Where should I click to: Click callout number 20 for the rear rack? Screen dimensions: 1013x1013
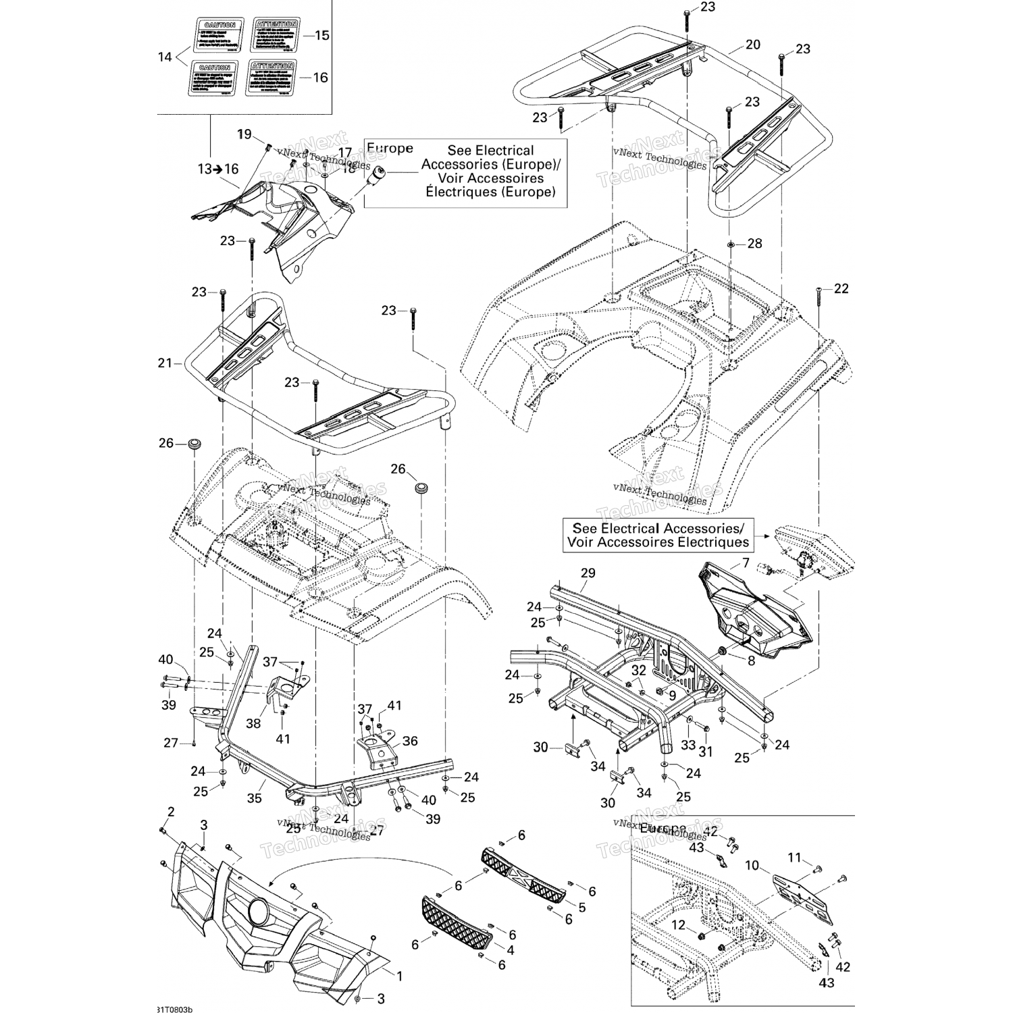click(753, 45)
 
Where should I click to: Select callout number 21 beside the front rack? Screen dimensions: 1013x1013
click(165, 363)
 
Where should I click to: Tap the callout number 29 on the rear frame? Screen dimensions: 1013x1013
click(588, 573)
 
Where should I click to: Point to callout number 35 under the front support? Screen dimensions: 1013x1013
click(253, 798)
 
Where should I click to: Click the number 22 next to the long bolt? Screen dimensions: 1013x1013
click(841, 288)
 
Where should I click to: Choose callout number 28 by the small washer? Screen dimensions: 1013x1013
click(754, 243)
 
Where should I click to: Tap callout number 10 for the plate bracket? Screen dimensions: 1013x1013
click(752, 865)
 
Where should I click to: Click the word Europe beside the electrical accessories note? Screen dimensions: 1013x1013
click(389, 149)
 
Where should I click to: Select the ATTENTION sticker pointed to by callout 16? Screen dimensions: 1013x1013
click(271, 78)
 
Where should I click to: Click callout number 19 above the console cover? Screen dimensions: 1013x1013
click(244, 134)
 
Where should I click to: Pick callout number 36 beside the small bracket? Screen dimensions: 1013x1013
click(410, 741)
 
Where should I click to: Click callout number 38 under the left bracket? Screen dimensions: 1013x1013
click(253, 723)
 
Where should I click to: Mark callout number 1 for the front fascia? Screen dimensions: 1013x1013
click(399, 976)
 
